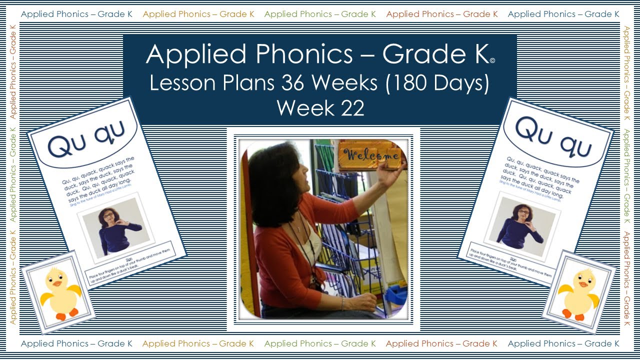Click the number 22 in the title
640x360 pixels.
pos(349,108)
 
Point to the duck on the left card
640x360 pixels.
pos(59,293)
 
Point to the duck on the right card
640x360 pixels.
pos(578,293)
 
